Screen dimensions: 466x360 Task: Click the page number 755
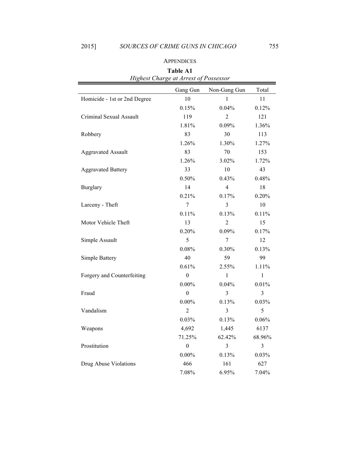(x=274, y=47)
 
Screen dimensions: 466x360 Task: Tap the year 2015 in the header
(x=88, y=47)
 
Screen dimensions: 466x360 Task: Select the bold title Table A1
(x=180, y=71)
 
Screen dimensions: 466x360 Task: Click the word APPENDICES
(x=180, y=61)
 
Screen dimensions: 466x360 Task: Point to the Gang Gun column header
(x=187, y=90)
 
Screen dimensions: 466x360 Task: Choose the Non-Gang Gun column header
(x=227, y=90)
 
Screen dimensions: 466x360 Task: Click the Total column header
(x=262, y=90)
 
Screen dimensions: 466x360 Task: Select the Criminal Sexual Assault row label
(x=110, y=117)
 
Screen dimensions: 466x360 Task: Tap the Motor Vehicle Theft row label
(x=105, y=222)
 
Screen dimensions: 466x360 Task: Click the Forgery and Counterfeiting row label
(x=113, y=275)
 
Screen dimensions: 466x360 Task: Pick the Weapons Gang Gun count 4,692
(x=187, y=328)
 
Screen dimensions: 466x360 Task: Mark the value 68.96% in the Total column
(x=262, y=337)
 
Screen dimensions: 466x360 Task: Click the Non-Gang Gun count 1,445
(x=227, y=328)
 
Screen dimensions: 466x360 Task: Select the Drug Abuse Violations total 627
(x=262, y=364)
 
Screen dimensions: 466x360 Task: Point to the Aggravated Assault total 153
(x=262, y=152)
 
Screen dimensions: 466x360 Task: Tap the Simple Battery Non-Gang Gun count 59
(x=227, y=258)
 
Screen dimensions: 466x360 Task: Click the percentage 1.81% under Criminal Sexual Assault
(x=187, y=125)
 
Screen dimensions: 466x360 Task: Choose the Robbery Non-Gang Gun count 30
(x=227, y=134)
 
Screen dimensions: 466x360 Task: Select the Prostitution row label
(x=95, y=346)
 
